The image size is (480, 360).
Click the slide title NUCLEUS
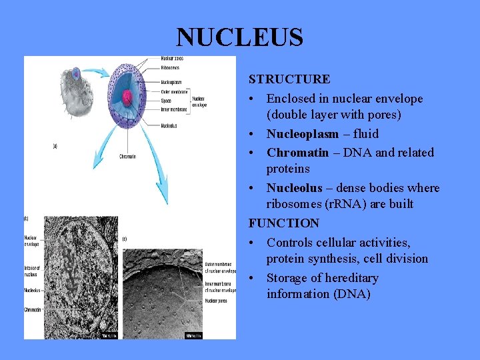[x=239, y=37]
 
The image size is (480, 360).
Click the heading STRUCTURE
[x=289, y=79]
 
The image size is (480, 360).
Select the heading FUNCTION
[x=284, y=223]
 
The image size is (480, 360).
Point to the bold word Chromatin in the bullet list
[x=297, y=153]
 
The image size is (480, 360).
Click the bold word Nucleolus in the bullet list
[x=294, y=188]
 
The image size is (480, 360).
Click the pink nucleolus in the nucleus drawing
[x=127, y=97]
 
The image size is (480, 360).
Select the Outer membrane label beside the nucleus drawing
[x=175, y=91]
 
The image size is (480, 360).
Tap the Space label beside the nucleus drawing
[x=165, y=101]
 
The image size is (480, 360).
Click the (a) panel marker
[x=56, y=145]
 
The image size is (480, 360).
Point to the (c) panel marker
[x=124, y=239]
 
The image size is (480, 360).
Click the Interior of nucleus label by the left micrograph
[x=31, y=270]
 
